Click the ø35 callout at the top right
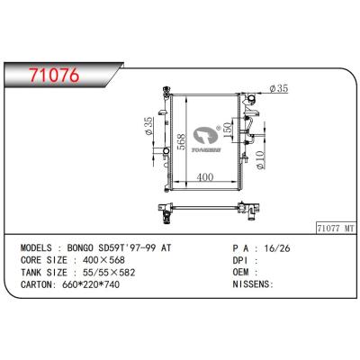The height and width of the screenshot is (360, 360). (x=278, y=89)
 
